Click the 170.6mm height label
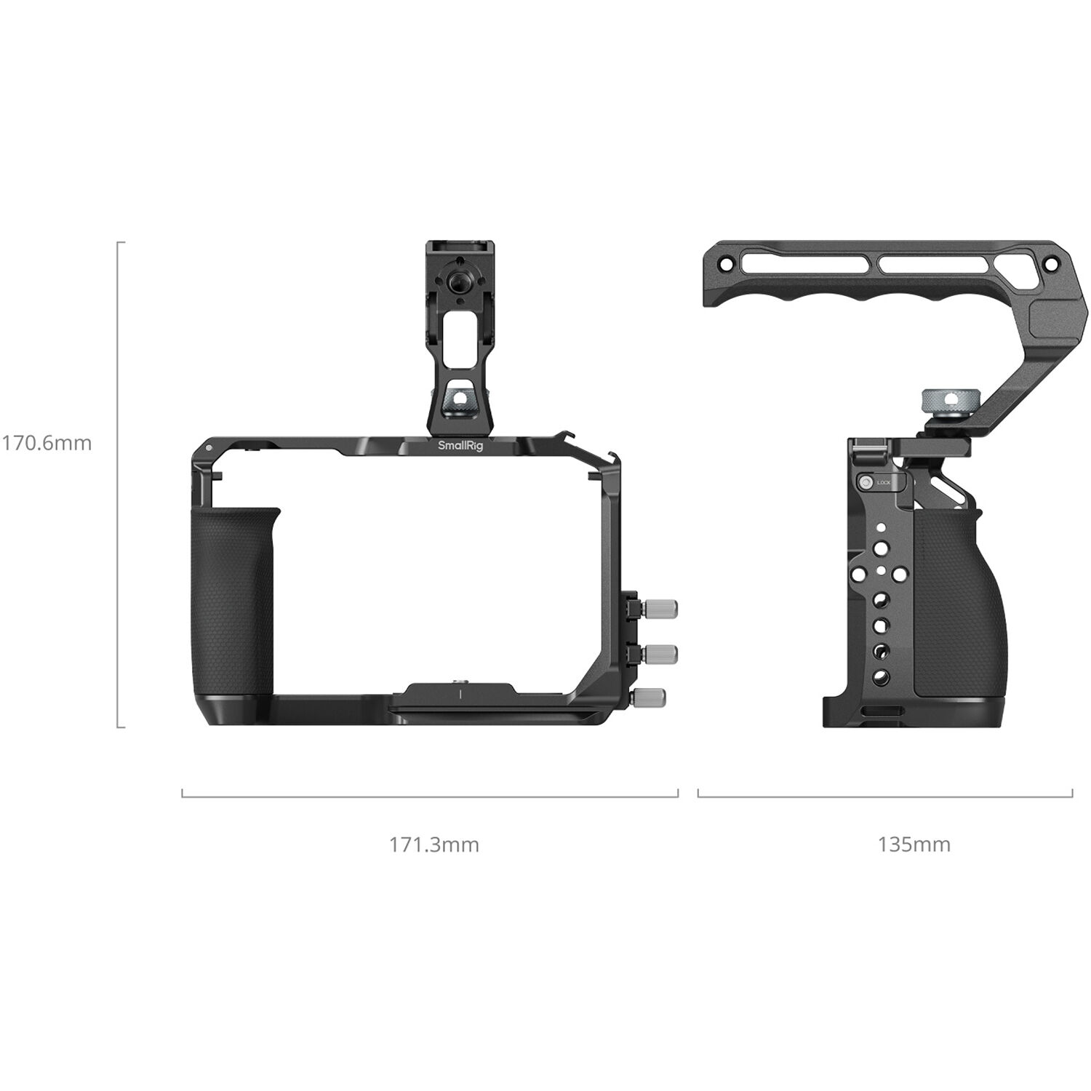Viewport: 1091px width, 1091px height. [x=47, y=443]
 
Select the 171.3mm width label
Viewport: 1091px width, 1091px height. [x=433, y=844]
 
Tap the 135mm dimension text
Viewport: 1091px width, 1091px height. [x=914, y=844]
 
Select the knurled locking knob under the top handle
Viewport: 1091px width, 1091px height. [x=943, y=399]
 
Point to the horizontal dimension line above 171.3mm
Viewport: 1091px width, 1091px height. [x=429, y=796]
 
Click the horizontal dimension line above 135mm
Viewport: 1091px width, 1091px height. [x=884, y=796]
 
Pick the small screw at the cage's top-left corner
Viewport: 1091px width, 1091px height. [x=209, y=448]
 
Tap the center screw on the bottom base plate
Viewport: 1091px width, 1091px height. [x=460, y=682]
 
